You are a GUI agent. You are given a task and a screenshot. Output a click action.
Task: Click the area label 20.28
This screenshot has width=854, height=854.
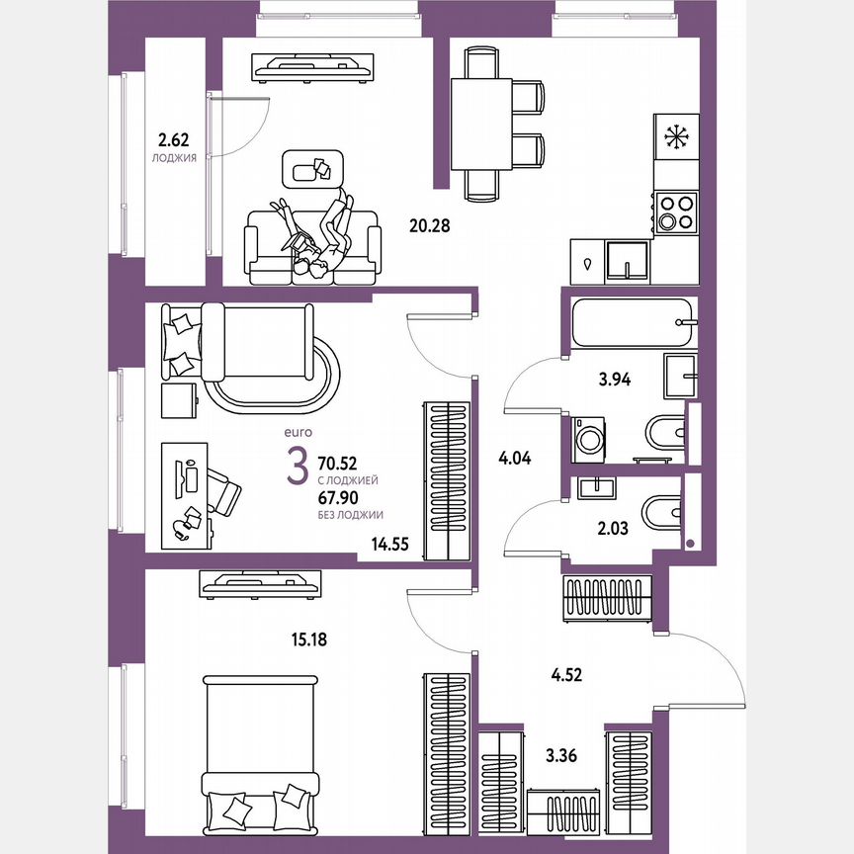coord(429,225)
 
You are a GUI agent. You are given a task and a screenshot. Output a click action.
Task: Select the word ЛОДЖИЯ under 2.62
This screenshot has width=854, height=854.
coord(172,156)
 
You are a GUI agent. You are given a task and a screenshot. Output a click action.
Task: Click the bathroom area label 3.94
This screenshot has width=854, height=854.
coord(611,377)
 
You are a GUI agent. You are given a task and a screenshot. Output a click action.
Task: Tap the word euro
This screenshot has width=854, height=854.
coord(298,432)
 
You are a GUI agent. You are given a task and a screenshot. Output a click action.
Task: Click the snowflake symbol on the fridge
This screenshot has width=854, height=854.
coord(676,137)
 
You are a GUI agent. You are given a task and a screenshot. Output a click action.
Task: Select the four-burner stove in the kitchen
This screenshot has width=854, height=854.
coord(676,209)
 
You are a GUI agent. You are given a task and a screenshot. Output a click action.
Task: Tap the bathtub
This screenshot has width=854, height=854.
coord(633,322)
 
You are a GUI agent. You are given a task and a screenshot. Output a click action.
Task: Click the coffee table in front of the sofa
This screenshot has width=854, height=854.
coord(312,168)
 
